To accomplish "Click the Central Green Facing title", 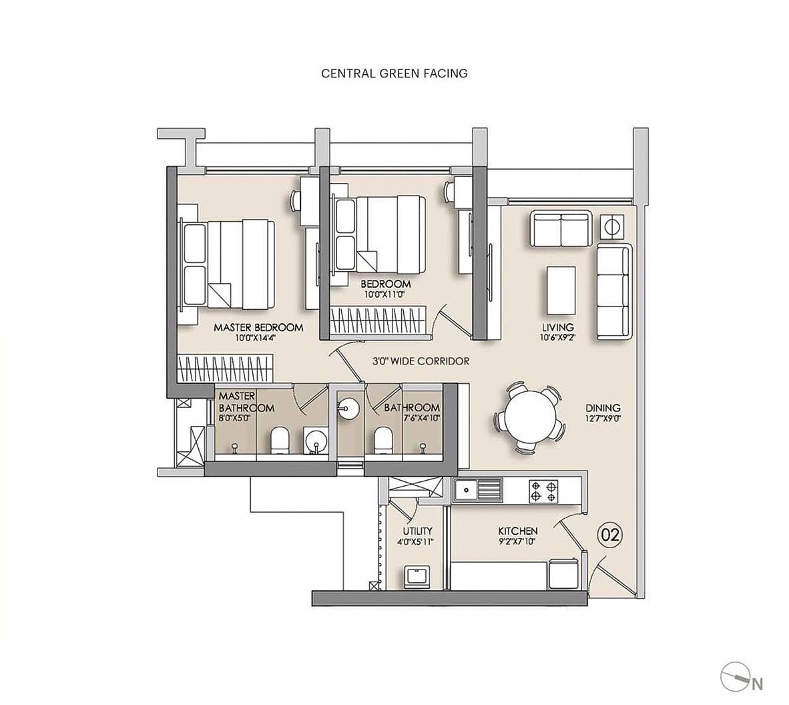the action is (x=394, y=73).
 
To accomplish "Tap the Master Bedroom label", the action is (x=258, y=328).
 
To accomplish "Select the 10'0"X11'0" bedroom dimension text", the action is (x=385, y=294).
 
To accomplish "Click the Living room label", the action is (x=558, y=327).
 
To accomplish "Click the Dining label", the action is (x=603, y=408).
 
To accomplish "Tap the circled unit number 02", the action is (x=609, y=534).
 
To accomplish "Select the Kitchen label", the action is (x=518, y=531).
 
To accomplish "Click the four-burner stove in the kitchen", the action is (x=543, y=491).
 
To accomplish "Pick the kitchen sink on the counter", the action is (x=477, y=490).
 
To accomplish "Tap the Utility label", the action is (x=417, y=531).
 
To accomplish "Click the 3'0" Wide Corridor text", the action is (x=421, y=361).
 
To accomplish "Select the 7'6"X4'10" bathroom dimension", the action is (x=412, y=417).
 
